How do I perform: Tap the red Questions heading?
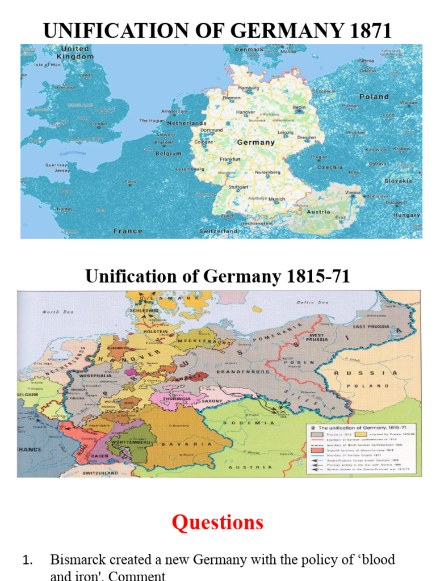point(217,522)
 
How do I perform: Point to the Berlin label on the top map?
point(299,107)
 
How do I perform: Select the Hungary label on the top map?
point(406,215)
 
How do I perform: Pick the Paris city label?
point(131,182)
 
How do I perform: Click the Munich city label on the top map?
point(276,200)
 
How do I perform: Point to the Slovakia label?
point(397,180)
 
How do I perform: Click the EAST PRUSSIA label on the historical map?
point(371,327)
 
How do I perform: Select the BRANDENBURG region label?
point(245,371)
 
